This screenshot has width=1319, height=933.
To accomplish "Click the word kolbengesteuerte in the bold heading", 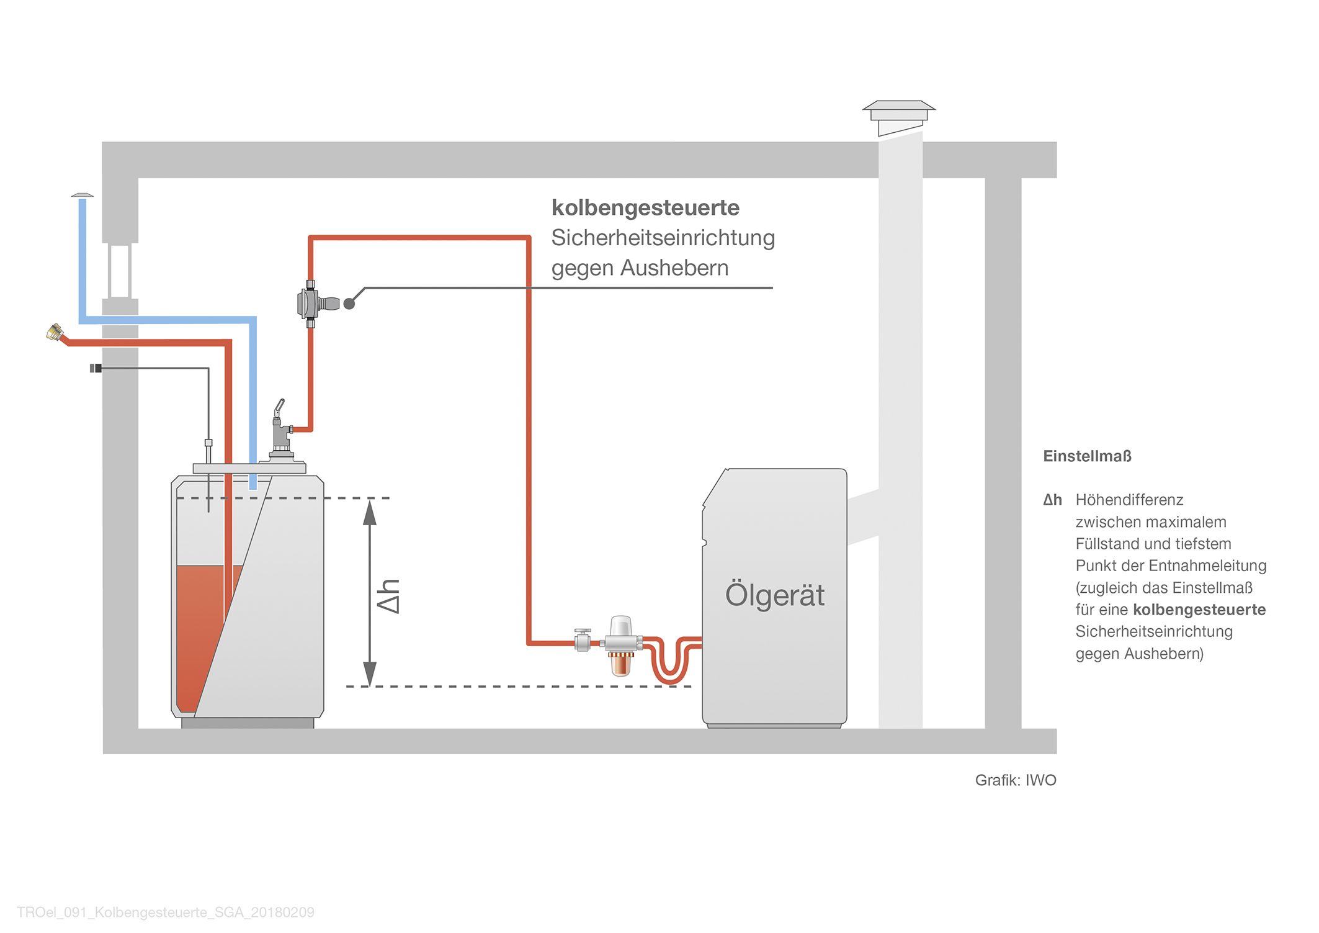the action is (x=645, y=209).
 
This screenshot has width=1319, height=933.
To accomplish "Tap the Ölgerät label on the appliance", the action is (x=775, y=595).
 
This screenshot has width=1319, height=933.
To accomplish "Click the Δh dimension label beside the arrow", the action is (x=389, y=596).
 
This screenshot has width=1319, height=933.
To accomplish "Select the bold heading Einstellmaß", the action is (x=1087, y=456).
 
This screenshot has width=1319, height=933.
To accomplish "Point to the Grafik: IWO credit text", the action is (x=1016, y=780).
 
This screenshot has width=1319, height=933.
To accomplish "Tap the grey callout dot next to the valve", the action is (x=349, y=304).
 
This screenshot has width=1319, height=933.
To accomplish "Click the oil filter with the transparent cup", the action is (x=620, y=646).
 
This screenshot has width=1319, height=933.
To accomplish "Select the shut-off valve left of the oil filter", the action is (x=583, y=640).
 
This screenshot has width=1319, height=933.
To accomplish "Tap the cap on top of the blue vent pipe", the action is (x=82, y=196).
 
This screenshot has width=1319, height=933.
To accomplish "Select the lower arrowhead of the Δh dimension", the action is (x=370, y=674).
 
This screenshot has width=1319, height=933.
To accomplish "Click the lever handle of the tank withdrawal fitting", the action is (x=279, y=409).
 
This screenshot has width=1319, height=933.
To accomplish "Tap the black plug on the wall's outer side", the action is (x=96, y=368).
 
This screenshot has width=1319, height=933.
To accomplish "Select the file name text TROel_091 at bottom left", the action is (x=165, y=913).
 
